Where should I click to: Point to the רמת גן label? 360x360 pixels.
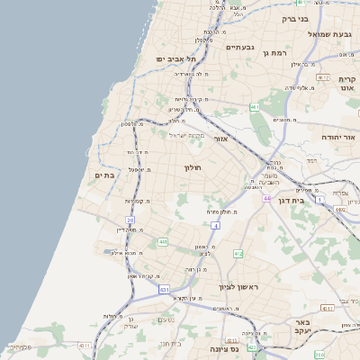pyautogui.click(x=273, y=53)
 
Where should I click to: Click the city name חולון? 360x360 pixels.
pyautogui.click(x=194, y=167)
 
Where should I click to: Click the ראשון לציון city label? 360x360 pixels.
pyautogui.click(x=238, y=287)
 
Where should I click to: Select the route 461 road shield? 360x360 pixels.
pyautogui.click(x=255, y=108)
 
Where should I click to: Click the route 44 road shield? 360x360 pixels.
pyautogui.click(x=267, y=198)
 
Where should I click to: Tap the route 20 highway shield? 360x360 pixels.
pyautogui.click(x=130, y=220)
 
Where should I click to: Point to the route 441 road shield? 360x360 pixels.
pyautogui.click(x=163, y=242)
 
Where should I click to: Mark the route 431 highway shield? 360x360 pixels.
pyautogui.click(x=163, y=290)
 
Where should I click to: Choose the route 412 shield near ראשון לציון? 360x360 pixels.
pyautogui.click(x=238, y=255)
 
